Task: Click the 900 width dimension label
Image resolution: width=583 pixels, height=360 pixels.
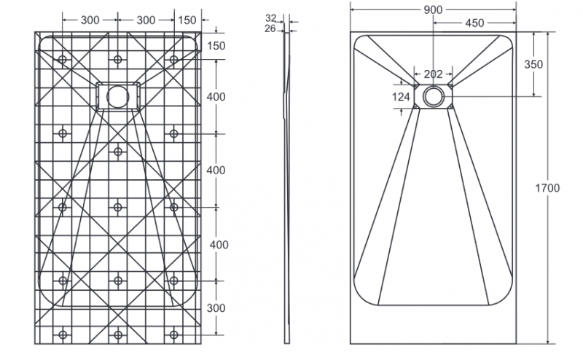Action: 433,9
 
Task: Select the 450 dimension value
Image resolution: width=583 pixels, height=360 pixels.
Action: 474,23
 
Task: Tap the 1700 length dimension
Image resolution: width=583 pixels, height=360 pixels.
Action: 547,188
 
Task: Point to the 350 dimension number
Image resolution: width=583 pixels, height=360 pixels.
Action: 533,64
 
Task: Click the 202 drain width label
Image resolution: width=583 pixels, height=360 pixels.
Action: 433,74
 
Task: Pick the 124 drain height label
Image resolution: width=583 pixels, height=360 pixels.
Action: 402,97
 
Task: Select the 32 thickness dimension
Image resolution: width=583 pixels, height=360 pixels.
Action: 271,17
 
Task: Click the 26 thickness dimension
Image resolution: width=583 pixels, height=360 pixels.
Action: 270,28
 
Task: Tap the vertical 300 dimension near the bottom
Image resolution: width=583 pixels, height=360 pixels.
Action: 216,308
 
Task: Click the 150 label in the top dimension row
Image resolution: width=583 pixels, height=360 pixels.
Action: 187,20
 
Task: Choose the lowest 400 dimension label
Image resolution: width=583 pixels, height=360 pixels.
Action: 219,245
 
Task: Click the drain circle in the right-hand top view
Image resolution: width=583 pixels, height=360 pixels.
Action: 433,96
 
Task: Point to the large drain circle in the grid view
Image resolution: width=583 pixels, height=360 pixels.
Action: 118,97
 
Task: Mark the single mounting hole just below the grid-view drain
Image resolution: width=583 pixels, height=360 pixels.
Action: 118,152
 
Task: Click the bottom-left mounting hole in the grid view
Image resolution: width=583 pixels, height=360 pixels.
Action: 63,335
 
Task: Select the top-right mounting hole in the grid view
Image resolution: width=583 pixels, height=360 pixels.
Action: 173,59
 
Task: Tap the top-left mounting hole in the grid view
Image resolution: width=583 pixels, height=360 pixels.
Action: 62,59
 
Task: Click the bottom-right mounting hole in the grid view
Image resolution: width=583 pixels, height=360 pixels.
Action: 173,335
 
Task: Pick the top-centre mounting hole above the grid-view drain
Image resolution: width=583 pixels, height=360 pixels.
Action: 118,59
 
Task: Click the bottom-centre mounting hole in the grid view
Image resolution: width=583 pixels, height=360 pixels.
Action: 118,335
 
